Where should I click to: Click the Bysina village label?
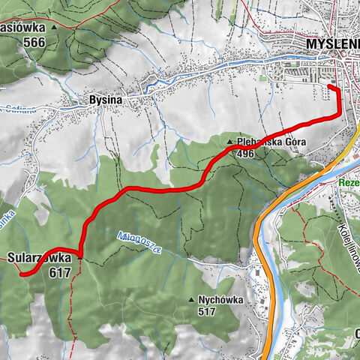pos(103,99)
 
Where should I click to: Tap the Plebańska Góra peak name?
pos(271,142)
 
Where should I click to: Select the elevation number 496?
pos(244,154)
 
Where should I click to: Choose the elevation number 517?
pos(208,311)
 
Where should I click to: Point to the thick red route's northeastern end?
pos(330,88)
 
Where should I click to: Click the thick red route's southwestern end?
pos(22,274)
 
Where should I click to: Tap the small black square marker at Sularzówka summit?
pos(79,259)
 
